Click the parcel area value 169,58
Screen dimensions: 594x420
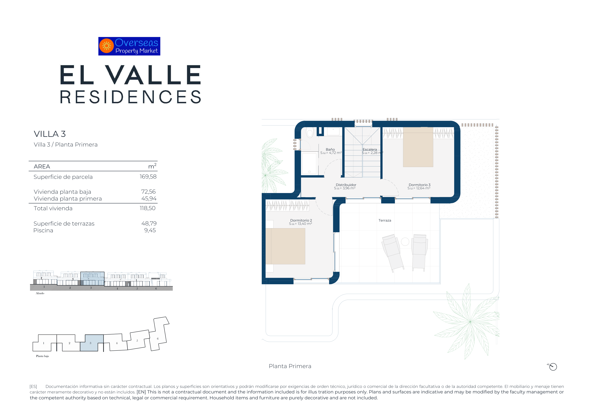click(148, 177)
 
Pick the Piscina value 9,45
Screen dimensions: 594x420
click(150, 230)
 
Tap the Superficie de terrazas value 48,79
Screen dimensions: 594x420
click(149, 223)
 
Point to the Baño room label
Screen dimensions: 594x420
click(330, 150)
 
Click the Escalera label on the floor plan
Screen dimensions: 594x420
click(370, 150)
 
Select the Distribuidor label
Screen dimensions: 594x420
click(346, 185)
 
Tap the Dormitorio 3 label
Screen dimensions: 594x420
click(419, 185)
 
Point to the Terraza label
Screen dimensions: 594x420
click(385, 221)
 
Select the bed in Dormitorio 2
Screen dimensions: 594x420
click(286, 246)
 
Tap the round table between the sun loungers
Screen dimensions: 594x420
click(405, 242)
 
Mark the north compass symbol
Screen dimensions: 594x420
click(553, 367)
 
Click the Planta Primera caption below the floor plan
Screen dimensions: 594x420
click(290, 366)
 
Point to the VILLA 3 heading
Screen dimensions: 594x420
click(50, 134)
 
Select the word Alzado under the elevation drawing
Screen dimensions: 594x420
click(40, 293)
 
